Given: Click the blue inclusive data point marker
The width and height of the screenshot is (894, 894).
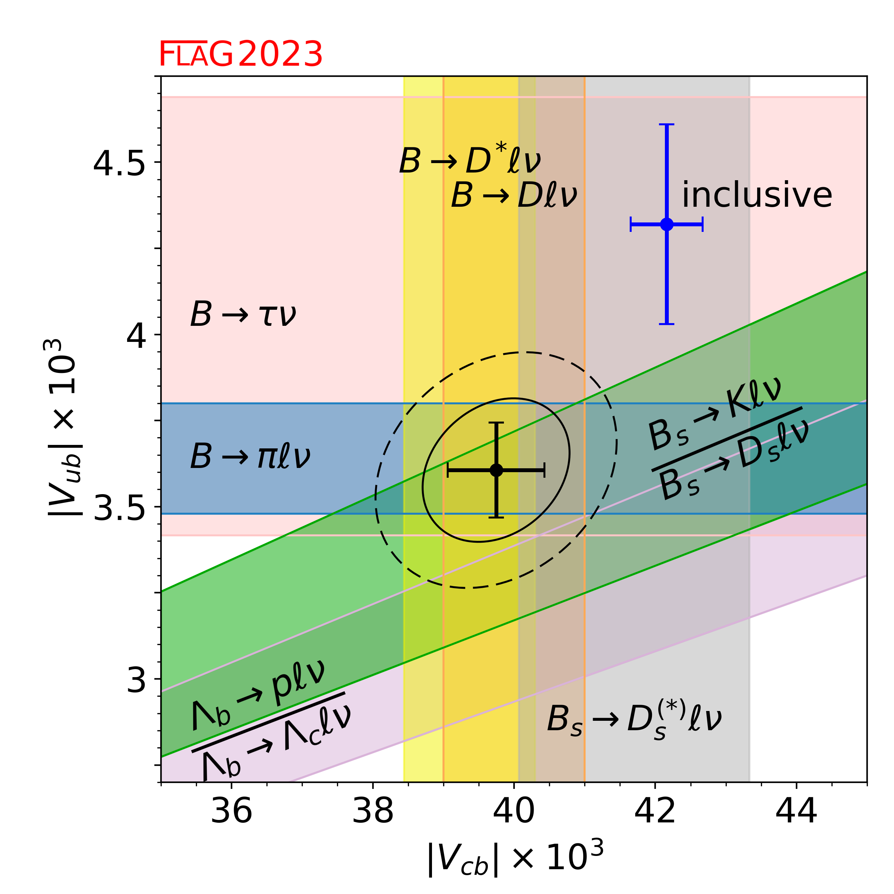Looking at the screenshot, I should [x=666, y=224].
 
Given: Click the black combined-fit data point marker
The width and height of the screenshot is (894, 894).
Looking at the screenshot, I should [x=496, y=470].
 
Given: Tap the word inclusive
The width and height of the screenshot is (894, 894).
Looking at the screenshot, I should [x=757, y=195].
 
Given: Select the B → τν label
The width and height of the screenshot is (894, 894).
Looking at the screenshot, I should [x=243, y=315].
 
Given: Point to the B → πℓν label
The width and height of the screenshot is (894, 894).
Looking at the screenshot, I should [x=250, y=457].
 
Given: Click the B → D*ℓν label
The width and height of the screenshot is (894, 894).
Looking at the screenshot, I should [x=470, y=161].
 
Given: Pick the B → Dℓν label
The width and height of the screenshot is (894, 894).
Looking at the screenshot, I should [x=514, y=195].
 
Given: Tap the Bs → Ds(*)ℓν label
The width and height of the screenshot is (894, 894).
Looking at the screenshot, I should [x=634, y=719].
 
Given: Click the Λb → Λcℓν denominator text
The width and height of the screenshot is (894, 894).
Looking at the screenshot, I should [x=277, y=740].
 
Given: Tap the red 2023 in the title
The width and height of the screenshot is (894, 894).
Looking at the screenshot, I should [x=280, y=54].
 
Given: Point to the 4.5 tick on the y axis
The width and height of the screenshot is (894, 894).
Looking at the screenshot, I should [x=119, y=163].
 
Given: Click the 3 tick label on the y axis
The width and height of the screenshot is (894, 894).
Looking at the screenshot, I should [x=137, y=680].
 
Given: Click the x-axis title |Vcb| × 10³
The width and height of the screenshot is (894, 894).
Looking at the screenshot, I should [x=515, y=859].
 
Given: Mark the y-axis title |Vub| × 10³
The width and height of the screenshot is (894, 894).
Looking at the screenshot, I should [x=63, y=428].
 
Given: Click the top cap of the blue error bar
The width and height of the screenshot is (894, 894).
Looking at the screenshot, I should [x=666, y=124].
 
